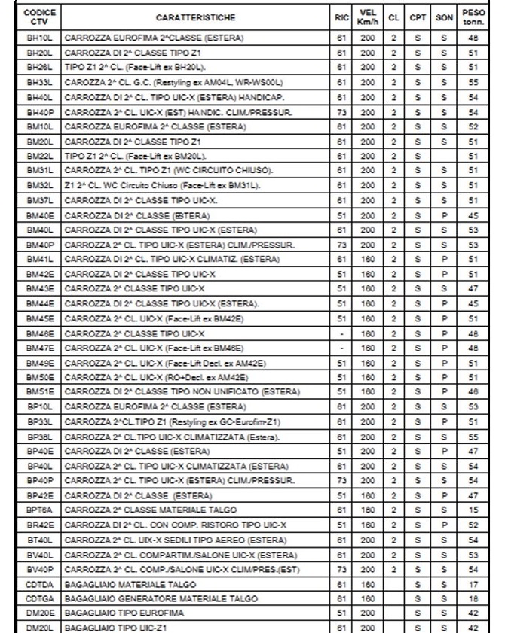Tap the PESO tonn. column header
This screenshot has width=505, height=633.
(x=476, y=16)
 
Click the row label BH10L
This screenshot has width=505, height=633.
(x=38, y=36)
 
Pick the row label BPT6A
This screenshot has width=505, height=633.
(x=38, y=509)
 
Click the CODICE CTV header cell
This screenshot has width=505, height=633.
(x=38, y=16)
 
